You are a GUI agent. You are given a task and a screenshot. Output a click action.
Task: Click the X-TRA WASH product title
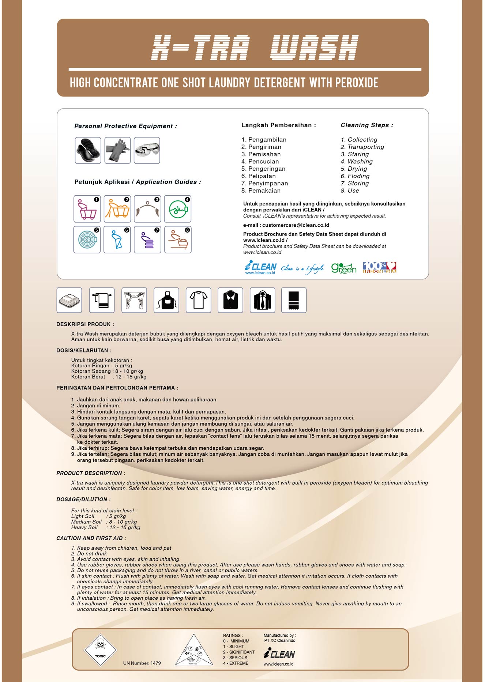pos(255,48)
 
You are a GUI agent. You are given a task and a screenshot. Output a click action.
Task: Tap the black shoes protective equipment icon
pos(88,150)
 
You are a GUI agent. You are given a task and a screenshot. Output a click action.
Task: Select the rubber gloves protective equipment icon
pos(117,150)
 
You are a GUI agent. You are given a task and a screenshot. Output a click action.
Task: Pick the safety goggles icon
pos(147,150)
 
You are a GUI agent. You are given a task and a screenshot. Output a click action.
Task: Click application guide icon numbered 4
pos(178,209)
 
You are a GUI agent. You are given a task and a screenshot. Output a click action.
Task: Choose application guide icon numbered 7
pos(147,240)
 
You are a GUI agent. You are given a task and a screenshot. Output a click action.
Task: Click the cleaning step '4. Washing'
pos(357,162)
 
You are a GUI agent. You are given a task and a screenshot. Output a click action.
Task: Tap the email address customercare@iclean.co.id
pos(296,225)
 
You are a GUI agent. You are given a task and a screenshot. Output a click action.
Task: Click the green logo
pos(343,268)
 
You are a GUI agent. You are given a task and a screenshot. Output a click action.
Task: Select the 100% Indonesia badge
pos(379,267)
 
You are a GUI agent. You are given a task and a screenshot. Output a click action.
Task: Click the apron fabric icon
pos(166,300)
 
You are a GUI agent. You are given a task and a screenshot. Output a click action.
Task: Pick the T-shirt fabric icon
pos(198,300)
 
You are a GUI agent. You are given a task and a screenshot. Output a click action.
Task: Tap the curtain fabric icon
pos(134,300)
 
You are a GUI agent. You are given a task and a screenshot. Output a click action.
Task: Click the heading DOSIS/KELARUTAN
pos(84,350)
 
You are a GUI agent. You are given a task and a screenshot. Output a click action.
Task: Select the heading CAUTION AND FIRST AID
pos(91,538)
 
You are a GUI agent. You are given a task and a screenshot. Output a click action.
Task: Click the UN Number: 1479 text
pos(142,663)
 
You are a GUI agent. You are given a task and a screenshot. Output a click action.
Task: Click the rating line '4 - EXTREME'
pos(236,663)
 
